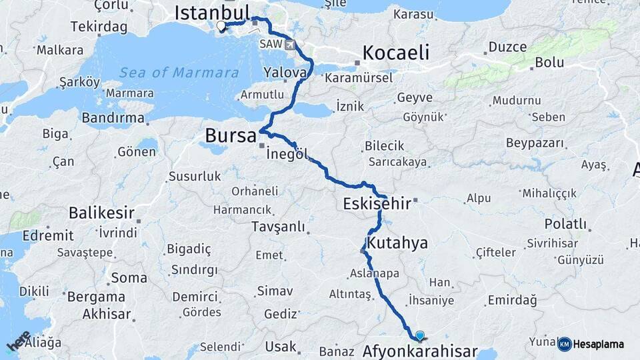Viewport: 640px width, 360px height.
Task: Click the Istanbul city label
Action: coord(211,11)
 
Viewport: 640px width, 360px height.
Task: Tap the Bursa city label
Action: coord(230,136)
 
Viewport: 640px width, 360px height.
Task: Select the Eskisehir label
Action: coord(377,203)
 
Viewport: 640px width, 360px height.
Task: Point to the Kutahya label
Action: coord(397,242)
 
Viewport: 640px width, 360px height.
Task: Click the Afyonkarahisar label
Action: coord(420,351)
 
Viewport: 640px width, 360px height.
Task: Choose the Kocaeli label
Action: coord(395,53)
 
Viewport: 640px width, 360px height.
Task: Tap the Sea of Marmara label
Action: coord(179,73)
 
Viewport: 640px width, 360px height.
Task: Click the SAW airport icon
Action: coord(290,45)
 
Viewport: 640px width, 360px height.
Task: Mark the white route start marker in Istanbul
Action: coord(221,27)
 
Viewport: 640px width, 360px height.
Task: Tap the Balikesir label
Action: coord(101,214)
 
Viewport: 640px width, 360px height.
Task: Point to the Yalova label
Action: coord(285,71)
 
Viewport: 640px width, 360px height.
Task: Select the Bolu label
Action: coord(551,63)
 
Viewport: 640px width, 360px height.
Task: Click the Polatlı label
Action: coord(565,223)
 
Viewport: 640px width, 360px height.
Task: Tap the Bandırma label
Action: coord(113,118)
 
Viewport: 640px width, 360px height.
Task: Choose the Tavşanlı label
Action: coord(278,227)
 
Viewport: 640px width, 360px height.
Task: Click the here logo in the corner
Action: coord(18,341)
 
